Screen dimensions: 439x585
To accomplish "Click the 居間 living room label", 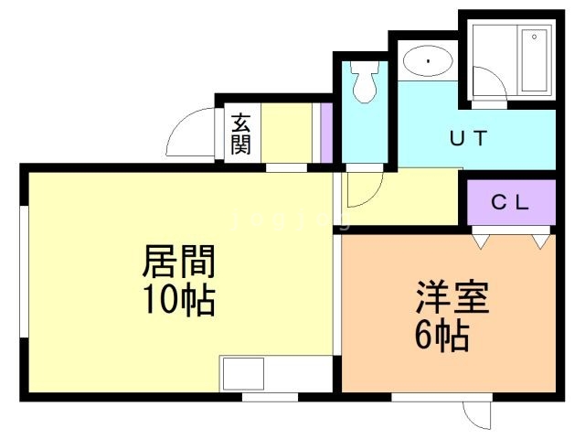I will pos(178,262).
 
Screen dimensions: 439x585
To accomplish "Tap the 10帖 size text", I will pos(178,299).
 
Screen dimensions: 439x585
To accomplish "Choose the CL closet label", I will pos(511,203).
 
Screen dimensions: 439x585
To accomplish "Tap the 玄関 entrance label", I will pos(240,133).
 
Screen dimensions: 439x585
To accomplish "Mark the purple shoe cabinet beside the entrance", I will pos(324,133).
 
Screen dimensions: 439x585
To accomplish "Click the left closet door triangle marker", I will pos(482,241).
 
